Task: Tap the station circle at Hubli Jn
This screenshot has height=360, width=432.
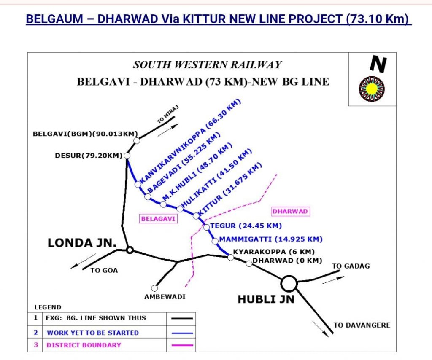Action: (289, 283)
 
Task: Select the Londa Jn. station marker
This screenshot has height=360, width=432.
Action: (130, 250)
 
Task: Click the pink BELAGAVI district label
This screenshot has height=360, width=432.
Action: (158, 218)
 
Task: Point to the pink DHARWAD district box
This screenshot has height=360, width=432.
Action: (291, 211)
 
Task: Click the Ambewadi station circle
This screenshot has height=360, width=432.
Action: (155, 288)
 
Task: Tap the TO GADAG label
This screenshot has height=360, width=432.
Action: (351, 266)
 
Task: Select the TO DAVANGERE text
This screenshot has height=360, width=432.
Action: (362, 325)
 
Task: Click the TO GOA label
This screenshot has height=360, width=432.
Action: (104, 270)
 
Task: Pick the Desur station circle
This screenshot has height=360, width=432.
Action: (127, 156)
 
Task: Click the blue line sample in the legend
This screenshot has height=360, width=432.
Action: (182, 333)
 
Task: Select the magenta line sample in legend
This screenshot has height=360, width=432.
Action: (182, 345)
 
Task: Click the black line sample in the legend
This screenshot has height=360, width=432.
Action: (182, 319)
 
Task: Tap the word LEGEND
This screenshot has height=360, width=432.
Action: (48, 307)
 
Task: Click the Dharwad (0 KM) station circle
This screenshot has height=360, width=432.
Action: (249, 263)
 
